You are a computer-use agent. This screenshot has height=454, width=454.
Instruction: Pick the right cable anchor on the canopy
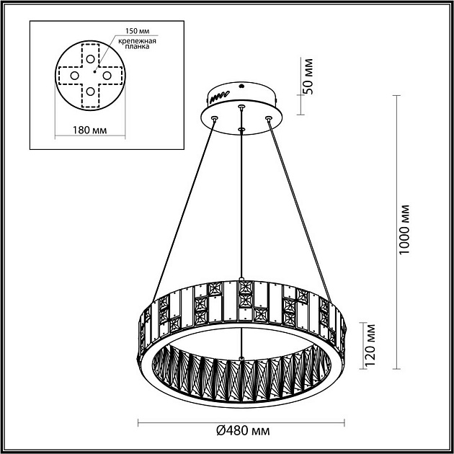[x=268, y=116]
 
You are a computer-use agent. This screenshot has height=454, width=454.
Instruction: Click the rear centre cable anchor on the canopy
[x=241, y=107]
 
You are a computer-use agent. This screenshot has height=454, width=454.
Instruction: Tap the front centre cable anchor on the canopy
[x=242, y=130]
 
